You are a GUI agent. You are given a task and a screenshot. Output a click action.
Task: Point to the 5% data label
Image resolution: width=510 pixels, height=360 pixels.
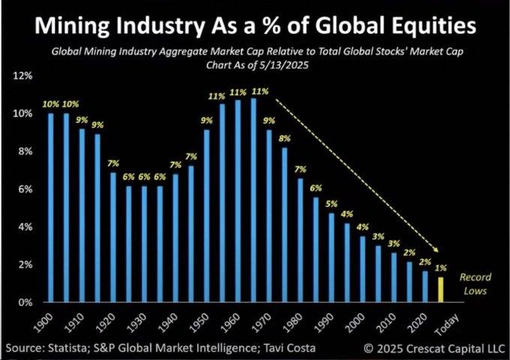pyautogui.click(x=331, y=205)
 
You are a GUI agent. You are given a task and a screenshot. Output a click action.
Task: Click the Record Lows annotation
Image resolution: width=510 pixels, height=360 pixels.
pyautogui.click(x=475, y=283)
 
